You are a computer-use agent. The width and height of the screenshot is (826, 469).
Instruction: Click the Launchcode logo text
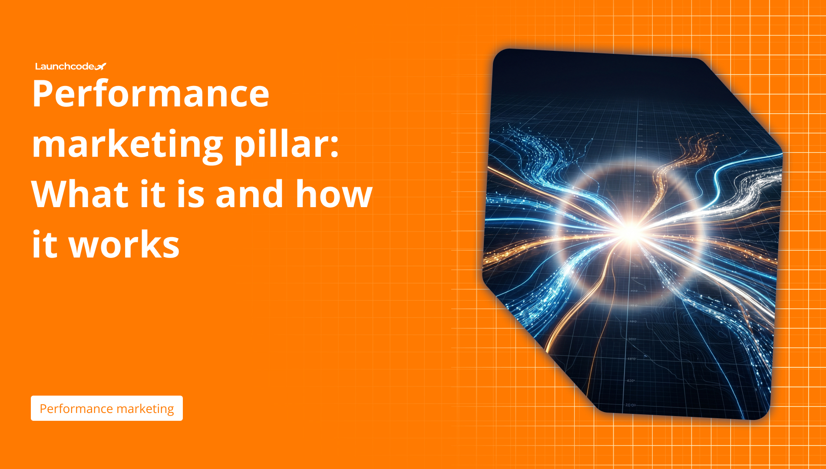tap(65, 66)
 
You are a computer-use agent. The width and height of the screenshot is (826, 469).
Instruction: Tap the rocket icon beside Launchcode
tap(100, 66)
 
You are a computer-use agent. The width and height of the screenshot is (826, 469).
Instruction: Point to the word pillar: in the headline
tap(287, 144)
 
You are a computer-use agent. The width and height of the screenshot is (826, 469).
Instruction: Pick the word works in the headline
tap(124, 244)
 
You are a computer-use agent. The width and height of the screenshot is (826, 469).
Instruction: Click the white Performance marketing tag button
tap(107, 408)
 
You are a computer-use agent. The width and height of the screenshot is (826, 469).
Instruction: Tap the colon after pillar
tap(334, 148)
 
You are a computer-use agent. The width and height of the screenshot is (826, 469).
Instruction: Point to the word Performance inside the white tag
tap(76, 409)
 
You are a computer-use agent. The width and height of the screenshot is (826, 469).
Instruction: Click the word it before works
tap(45, 244)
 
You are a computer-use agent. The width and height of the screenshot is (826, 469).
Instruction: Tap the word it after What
tap(153, 194)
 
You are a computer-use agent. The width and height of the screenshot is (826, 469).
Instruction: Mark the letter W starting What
tap(52, 194)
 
